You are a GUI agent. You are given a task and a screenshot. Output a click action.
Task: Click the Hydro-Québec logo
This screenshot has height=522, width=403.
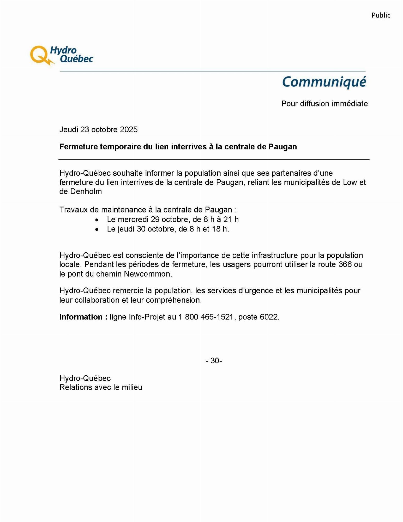point(62,55)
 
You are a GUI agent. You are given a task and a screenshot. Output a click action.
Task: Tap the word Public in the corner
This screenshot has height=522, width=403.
point(381,15)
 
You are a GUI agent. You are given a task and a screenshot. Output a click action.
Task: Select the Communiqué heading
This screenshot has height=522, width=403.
point(324,82)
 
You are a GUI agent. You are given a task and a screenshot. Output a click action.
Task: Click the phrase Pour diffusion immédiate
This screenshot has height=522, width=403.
point(324,104)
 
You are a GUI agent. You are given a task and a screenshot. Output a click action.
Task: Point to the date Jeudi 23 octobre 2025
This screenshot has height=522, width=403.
point(98,129)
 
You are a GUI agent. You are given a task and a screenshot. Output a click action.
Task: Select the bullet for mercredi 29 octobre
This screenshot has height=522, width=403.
point(97,220)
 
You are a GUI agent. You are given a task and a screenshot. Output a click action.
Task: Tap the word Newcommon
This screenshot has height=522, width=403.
point(147,274)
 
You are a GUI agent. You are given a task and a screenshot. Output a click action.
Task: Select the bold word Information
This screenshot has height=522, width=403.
point(81,317)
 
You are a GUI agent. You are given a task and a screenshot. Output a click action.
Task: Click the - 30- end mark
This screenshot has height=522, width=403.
point(214,360)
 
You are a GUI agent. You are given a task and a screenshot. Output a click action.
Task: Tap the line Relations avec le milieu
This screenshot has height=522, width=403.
point(101,387)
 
